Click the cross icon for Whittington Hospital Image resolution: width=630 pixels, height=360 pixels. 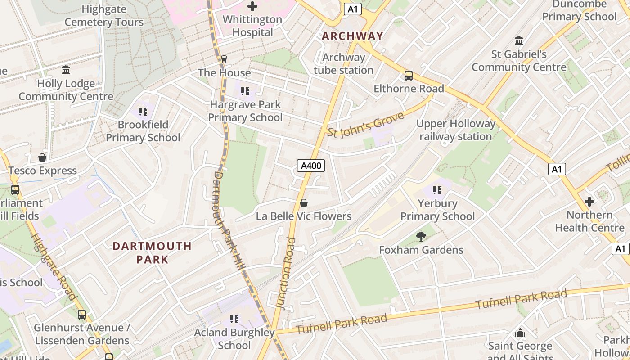tap(252, 6)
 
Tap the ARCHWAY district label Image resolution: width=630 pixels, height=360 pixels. tap(352, 36)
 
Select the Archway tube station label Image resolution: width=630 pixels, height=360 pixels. tap(343, 64)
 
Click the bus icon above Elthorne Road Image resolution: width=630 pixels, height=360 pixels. tap(409, 76)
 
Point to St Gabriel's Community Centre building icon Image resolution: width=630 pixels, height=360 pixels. tap(519, 41)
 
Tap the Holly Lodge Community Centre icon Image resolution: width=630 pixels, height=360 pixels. tap(66, 70)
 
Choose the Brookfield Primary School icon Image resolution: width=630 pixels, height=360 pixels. tap(143, 111)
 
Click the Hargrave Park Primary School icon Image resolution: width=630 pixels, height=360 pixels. tap(245, 91)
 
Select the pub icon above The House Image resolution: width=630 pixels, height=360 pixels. tap(224, 59)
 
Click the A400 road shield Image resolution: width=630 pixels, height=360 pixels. tap(311, 166)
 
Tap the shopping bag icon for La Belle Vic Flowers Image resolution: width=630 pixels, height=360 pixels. tap(304, 203)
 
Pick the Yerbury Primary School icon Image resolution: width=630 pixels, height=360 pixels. tap(437, 190)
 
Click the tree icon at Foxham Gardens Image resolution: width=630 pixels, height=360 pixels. tap(421, 236)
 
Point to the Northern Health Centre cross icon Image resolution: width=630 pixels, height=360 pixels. tap(589, 202)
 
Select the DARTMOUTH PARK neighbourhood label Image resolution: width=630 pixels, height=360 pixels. tap(152, 252)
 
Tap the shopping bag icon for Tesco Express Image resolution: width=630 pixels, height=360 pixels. tap(42, 157)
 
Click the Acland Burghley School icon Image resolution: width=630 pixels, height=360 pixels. tap(234, 319)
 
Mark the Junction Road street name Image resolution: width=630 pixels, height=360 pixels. tap(285, 273)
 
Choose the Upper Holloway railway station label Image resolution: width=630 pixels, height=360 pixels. tap(455, 130)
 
